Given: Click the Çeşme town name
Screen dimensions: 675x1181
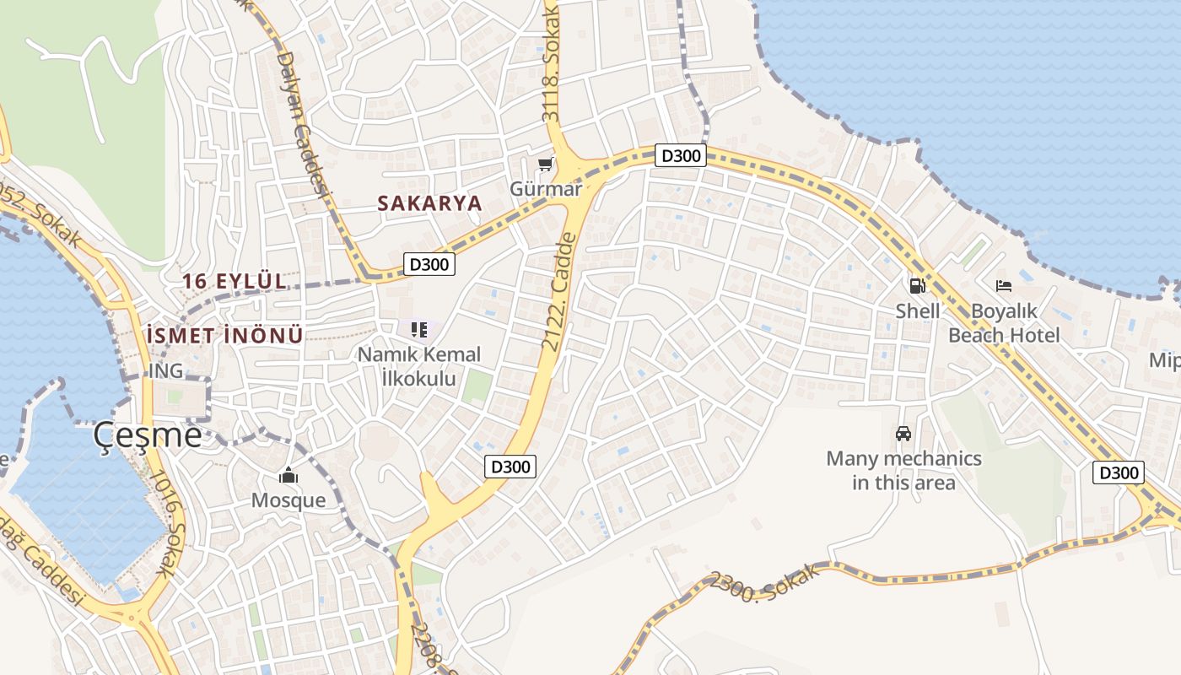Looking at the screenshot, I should click(148, 435).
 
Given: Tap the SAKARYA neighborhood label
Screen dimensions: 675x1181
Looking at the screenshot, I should click(429, 203).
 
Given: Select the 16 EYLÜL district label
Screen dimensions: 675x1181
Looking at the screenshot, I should click(234, 282).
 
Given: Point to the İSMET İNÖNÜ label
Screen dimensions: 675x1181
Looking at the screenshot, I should click(224, 335).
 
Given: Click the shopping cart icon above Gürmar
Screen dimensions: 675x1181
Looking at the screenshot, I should click(546, 164).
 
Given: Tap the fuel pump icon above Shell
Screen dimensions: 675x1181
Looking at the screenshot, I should click(917, 286).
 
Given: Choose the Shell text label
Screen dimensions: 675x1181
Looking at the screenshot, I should click(918, 310).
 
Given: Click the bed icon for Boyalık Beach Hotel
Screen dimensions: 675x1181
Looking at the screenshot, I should click(1003, 286).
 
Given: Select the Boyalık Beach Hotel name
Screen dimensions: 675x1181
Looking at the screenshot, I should click(1004, 323).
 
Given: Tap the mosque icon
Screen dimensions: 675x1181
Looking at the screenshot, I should click(289, 476).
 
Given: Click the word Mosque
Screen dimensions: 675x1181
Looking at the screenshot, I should click(289, 500).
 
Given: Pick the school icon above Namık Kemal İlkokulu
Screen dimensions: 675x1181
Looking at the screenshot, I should click(419, 329).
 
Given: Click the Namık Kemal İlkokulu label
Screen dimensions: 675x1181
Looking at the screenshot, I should click(419, 366).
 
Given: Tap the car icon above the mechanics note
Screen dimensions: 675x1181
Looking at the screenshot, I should click(903, 434).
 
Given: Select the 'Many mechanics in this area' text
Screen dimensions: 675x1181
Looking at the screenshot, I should click(903, 471).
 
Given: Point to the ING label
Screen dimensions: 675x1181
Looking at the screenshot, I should click(164, 371).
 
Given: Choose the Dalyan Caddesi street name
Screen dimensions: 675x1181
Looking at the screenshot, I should click(301, 122).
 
